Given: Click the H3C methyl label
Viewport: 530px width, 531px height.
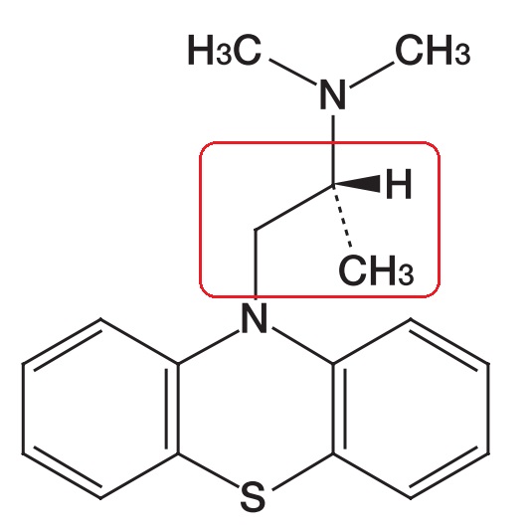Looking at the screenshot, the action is pos(225,50).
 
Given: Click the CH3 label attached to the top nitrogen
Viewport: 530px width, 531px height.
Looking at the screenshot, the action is pos(433,50).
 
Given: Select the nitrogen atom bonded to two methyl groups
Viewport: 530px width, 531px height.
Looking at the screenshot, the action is pos(333,94).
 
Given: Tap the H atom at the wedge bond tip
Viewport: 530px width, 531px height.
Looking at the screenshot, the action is pos(399,184).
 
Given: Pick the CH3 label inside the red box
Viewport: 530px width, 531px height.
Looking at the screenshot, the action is pos(376,270).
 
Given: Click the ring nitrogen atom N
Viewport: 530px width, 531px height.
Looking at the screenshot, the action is pos(255,318).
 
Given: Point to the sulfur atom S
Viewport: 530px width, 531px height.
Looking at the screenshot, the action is pos(253,497).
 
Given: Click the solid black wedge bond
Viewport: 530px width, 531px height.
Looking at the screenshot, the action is pos(357,184).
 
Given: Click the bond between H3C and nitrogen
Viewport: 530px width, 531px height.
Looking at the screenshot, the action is pos(293,72).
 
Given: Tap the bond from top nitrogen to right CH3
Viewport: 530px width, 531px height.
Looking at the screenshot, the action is pos(372,75).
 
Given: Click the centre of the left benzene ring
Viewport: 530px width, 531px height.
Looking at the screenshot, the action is pos(100,409).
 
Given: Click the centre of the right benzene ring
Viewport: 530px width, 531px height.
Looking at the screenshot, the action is pos(411,409).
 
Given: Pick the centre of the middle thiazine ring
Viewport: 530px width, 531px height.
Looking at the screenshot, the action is pos(256,409).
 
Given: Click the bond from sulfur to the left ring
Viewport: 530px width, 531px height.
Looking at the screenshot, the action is pos(208,471).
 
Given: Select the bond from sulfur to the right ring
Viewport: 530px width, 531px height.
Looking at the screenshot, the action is pos(302,471).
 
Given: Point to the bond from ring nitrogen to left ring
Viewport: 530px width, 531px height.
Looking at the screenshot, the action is pos(209,346).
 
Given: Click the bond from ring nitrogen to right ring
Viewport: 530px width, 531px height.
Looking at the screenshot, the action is pos(302,346).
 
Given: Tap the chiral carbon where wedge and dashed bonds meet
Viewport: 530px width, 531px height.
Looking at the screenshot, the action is pos(333,185).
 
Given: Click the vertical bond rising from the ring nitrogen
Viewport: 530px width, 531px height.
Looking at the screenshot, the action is pos(256,265).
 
